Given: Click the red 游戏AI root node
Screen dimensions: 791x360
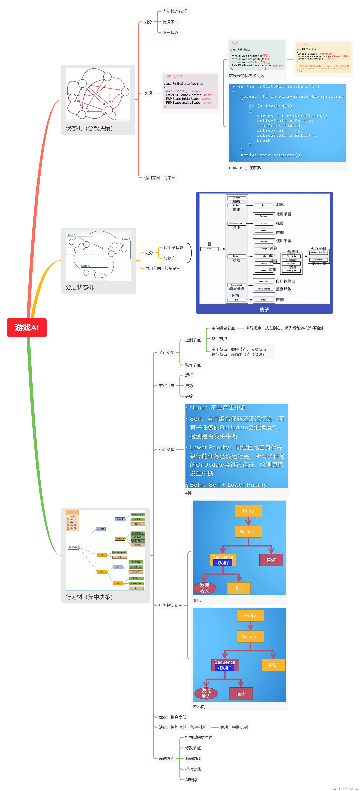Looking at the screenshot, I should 27,328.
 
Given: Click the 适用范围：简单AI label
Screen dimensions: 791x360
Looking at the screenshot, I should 160,178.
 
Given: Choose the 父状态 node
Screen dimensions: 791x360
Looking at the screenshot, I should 169,258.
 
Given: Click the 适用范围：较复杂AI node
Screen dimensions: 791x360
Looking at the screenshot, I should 163,268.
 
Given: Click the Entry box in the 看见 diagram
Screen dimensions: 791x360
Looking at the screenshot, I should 248,511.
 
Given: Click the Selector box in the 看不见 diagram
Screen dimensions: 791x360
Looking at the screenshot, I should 250,637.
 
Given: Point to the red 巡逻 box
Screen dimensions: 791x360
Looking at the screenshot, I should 271,560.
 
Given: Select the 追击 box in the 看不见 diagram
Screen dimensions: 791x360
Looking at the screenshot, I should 241,693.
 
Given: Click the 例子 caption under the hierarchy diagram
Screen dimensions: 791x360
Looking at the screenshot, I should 264,309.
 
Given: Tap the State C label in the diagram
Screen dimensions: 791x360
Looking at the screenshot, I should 86,266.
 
